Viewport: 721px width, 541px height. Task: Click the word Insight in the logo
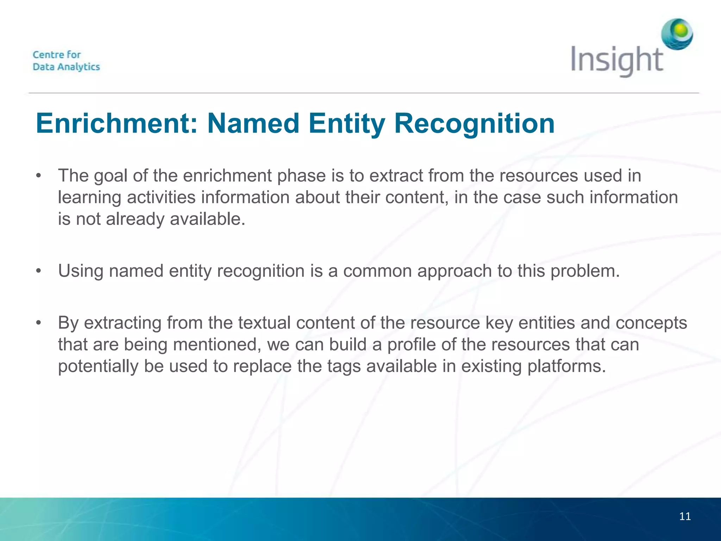[617, 60]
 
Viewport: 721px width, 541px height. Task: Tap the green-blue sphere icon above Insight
[677, 34]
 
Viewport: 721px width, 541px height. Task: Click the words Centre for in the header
[57, 55]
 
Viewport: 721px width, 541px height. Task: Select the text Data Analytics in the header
[66, 67]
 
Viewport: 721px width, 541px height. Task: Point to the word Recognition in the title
[474, 123]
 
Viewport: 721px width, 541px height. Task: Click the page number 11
[685, 516]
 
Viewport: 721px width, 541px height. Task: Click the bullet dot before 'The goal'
[39, 175]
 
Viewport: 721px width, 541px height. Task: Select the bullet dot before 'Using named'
[39, 271]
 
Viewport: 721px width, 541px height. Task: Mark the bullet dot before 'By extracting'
[39, 323]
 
